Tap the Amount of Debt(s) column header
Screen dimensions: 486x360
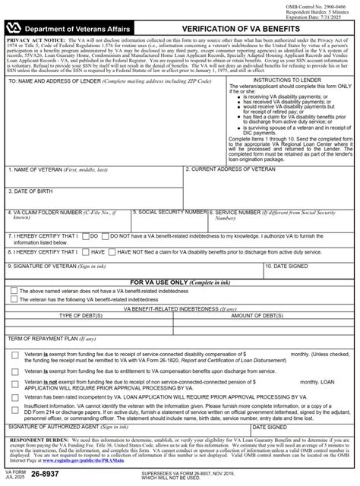(268, 314)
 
